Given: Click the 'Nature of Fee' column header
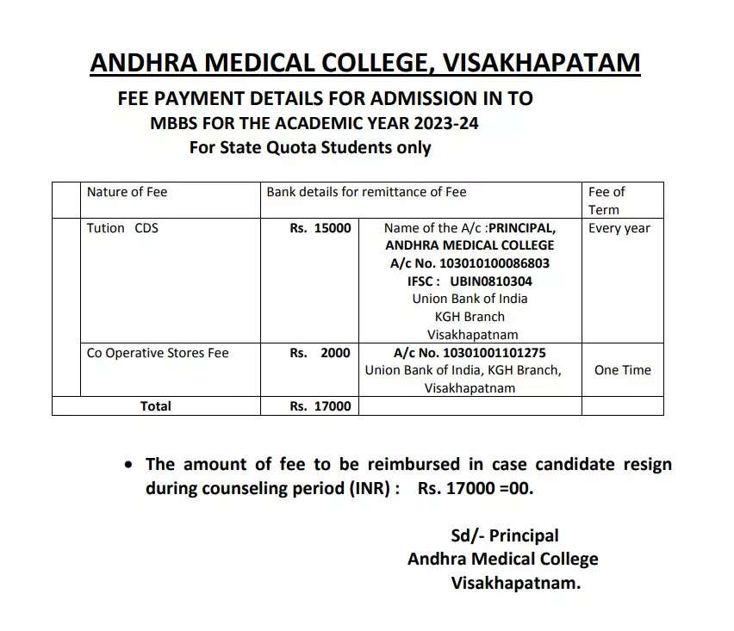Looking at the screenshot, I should point(127,192).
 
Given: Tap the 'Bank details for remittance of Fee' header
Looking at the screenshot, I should point(366,192).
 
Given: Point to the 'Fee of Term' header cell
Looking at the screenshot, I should point(606,201).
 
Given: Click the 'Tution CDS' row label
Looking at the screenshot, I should point(122,228).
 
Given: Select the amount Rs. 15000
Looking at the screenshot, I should point(320,228).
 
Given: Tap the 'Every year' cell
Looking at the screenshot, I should point(619,228).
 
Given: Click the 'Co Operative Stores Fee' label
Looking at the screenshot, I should point(158,353).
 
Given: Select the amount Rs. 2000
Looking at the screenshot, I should point(320,353).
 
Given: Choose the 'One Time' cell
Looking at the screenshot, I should point(623,370).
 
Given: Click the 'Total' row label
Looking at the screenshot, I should point(156,406).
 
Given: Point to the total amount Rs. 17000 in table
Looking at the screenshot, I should point(320,406).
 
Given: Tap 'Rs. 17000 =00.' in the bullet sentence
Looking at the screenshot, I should point(476,489).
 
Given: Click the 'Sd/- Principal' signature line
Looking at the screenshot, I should point(505,535).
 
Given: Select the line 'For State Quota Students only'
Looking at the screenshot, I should point(310,147).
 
